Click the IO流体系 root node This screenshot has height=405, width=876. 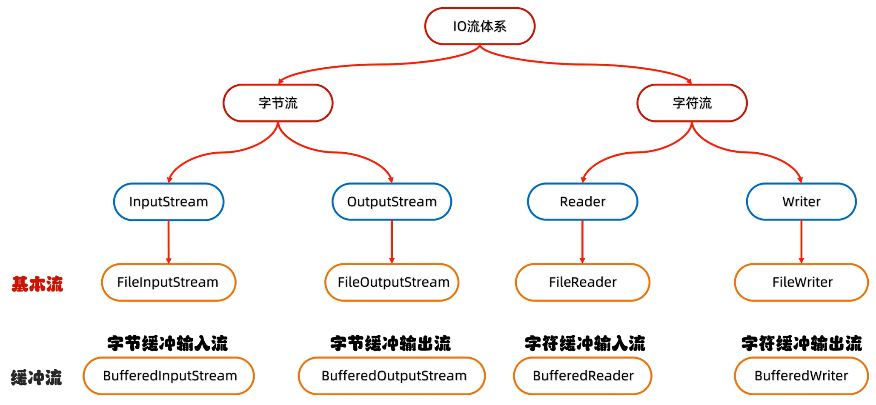tap(480, 26)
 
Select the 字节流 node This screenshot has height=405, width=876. tap(278, 103)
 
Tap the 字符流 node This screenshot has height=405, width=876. tap(692, 103)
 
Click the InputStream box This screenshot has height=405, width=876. tap(169, 202)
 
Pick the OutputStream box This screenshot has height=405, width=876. tap(392, 202)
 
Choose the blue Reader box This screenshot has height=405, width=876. tap(582, 202)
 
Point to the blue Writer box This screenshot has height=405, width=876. tap(801, 202)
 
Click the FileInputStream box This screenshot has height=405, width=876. tap(169, 282)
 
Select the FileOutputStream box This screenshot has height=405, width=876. tap(392, 282)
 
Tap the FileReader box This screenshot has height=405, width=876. tap(582, 282)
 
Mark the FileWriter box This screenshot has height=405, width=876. tap(801, 282)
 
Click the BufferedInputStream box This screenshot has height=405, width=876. tap(169, 376)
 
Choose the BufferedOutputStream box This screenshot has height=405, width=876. tap(392, 376)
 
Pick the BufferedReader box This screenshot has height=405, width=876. tap(582, 376)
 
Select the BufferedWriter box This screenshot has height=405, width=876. tap(801, 376)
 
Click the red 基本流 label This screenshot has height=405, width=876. tap(37, 284)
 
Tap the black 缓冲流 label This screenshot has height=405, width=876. tap(37, 377)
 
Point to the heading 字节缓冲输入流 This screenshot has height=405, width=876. tap(168, 343)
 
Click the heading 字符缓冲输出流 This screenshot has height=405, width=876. tap(801, 343)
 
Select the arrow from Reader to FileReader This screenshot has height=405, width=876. tap(582, 242)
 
